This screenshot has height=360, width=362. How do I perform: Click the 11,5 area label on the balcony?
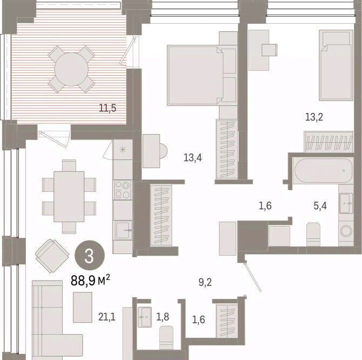click(x=108, y=108)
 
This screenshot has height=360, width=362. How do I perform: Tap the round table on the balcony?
click(x=71, y=69)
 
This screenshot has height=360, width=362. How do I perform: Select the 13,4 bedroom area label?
click(x=192, y=158)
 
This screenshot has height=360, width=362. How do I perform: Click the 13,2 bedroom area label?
click(x=314, y=117)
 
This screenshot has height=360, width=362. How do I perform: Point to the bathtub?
click(x=323, y=171)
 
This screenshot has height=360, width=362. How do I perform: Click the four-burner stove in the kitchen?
click(x=123, y=190)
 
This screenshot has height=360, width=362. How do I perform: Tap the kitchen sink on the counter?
click(x=123, y=230)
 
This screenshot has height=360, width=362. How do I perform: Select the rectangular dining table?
click(x=69, y=197)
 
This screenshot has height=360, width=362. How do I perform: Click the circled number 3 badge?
click(x=90, y=255)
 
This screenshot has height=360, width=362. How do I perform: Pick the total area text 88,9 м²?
click(x=90, y=281)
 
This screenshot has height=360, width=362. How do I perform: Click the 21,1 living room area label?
click(x=106, y=317)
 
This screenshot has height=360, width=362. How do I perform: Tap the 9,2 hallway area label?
click(x=205, y=282)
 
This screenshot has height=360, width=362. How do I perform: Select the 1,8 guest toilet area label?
click(x=163, y=317)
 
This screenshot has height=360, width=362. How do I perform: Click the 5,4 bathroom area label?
click(x=320, y=205)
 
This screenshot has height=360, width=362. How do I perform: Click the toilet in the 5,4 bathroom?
click(x=313, y=235)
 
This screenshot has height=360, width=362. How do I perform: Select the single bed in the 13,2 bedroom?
click(x=336, y=65)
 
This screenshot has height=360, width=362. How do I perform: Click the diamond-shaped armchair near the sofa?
click(x=52, y=256)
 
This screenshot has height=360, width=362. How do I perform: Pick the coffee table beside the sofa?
click(x=83, y=307)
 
